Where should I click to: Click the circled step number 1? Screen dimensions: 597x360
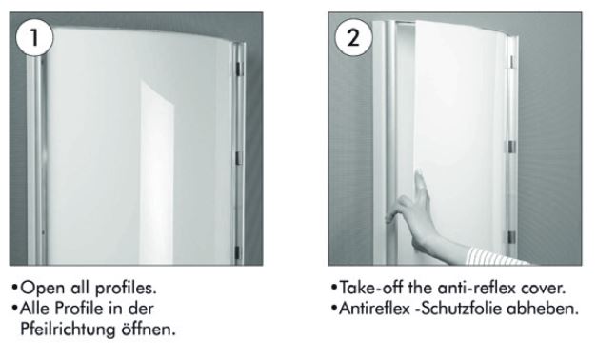pos(34,37)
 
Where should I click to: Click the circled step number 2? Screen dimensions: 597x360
pos(353,37)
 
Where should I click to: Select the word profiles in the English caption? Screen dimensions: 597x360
pos(126,289)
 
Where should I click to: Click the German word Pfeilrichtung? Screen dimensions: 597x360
pos(68,330)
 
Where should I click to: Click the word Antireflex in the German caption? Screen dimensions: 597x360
pos(374,309)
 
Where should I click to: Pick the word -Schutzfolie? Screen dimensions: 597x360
pos(458,309)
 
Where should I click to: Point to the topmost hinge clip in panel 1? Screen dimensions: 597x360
pos(239,69)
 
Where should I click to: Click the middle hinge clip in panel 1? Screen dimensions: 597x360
pos(239,158)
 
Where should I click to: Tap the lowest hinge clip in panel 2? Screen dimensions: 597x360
pos(511,237)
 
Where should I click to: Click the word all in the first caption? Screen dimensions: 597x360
pos(81,288)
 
